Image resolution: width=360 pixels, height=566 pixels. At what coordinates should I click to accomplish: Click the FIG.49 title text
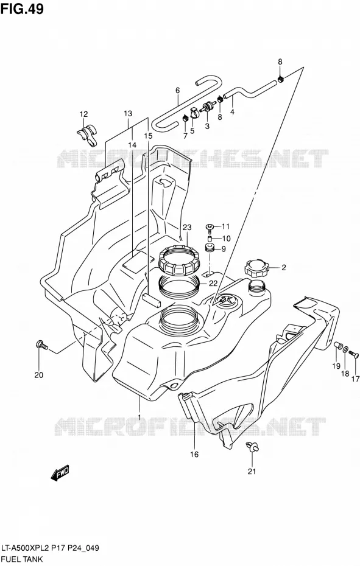[x=22, y=9]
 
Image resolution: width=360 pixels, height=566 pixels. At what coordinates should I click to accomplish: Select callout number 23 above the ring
[x=187, y=228]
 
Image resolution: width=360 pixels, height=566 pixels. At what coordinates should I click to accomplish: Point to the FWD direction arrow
[x=60, y=473]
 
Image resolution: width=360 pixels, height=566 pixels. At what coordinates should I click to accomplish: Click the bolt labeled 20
[x=41, y=344]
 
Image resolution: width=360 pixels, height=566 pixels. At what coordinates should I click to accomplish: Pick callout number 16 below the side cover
[x=194, y=454]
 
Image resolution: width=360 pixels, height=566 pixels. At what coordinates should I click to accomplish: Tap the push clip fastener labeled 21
[x=252, y=447]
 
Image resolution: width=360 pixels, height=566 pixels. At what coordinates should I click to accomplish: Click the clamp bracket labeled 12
[x=87, y=136]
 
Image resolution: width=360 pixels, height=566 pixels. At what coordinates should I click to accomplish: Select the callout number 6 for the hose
[x=177, y=90]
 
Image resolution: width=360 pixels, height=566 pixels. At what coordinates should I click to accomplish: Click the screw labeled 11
[x=210, y=226]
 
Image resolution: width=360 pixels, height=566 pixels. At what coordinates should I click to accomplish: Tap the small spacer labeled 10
[x=210, y=239]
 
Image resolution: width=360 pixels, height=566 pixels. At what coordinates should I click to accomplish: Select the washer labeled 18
[x=346, y=349]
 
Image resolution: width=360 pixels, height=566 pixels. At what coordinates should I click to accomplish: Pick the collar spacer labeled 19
[x=337, y=344]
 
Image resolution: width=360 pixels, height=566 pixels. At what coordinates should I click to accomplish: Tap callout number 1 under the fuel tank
[x=139, y=418]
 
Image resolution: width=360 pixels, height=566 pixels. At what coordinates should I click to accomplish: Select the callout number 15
[x=148, y=136]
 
